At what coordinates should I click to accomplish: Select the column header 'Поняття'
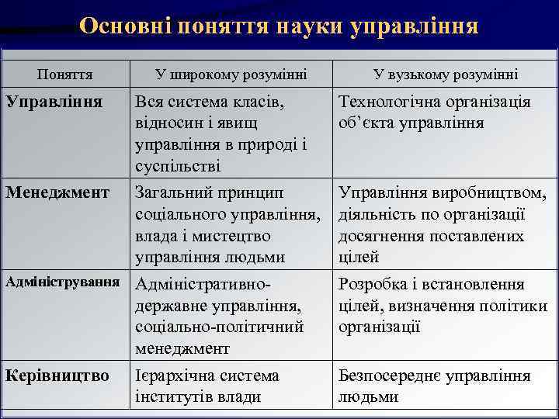(65, 74)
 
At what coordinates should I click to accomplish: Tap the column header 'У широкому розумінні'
(231, 74)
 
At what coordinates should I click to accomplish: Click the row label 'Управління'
(54, 102)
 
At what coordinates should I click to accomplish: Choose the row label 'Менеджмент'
(57, 192)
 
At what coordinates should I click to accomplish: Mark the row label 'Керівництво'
(57, 376)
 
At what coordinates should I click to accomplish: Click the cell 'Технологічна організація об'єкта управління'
(434, 113)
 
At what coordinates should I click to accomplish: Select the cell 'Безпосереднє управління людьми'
(434, 386)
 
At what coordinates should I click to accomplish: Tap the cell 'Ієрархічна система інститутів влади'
(207, 386)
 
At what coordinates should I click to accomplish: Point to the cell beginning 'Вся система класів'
(221, 134)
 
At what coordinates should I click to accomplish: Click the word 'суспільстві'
(178, 167)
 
